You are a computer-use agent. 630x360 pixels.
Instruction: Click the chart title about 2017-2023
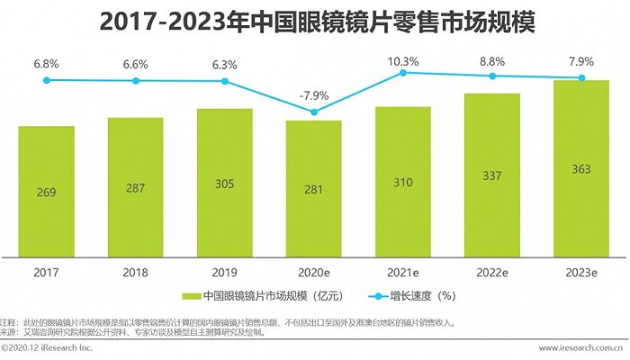pyautogui.click(x=314, y=22)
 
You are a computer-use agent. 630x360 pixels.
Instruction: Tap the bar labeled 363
pyautogui.click(x=581, y=166)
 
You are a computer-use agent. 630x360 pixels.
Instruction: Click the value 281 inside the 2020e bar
pyautogui.click(x=313, y=191)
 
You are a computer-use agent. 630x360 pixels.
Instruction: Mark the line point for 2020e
pyautogui.click(x=313, y=112)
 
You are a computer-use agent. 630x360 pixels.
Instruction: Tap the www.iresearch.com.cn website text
pyautogui.click(x=582, y=347)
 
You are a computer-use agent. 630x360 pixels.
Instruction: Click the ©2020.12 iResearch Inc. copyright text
pyautogui.click(x=47, y=347)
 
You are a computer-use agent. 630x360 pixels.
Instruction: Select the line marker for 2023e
pyautogui.click(x=581, y=78)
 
